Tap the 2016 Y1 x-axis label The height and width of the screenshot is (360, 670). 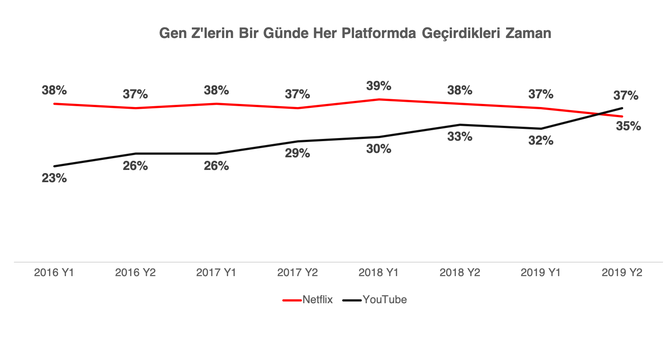coord(54,273)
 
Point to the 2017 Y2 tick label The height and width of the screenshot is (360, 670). coord(297,273)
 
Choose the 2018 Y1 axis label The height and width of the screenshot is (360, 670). coord(378,273)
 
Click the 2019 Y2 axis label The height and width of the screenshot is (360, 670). coord(622,273)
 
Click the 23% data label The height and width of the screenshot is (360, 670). coord(54,178)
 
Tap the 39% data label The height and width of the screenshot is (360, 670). coord(378,86)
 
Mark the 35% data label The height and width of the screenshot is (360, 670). coord(628,126)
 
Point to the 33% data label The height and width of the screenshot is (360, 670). coord(460,137)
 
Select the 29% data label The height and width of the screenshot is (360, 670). coord(297,153)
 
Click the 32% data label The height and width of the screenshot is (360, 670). coord(541,141)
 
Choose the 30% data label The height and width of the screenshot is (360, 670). coord(378,149)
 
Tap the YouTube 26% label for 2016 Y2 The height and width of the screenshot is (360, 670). coord(135,166)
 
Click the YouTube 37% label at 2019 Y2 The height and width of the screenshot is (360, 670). coord(626,95)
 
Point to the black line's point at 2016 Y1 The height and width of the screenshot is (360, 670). coord(54,166)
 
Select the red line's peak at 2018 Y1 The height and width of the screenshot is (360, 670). coord(378,99)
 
